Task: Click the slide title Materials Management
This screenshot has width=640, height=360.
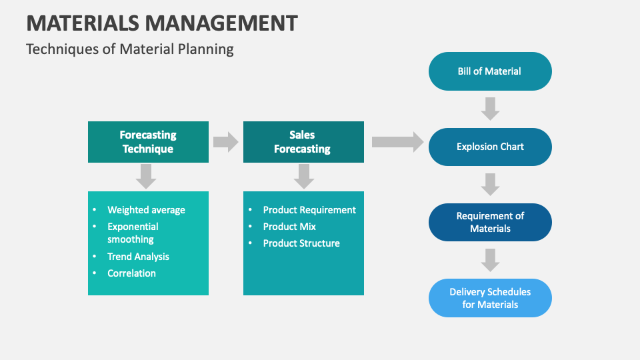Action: [162, 23]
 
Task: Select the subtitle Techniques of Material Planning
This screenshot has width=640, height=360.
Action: [130, 49]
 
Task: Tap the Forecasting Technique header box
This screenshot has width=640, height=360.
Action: [148, 142]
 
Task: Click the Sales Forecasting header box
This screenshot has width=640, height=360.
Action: [303, 142]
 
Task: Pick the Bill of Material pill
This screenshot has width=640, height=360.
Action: [490, 71]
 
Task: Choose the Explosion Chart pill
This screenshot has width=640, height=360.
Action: [490, 147]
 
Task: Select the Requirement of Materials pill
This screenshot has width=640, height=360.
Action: [490, 222]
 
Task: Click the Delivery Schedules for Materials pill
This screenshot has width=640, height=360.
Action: [490, 298]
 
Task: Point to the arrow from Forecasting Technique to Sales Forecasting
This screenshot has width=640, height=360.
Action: [226, 141]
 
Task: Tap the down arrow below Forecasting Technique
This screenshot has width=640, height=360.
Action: [146, 176]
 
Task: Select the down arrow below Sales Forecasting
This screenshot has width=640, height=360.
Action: [303, 176]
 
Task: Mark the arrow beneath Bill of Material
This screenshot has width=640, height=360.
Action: [490, 109]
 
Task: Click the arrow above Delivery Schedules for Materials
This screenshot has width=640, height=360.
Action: [490, 260]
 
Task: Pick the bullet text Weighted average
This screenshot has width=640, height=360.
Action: [146, 210]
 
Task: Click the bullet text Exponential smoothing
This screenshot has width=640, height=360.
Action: [133, 233]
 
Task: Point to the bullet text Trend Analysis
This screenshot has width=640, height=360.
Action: [138, 257]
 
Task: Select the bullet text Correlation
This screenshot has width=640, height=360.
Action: [131, 273]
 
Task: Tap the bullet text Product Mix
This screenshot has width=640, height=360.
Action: [289, 227]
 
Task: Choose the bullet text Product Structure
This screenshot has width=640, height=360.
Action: [301, 243]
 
